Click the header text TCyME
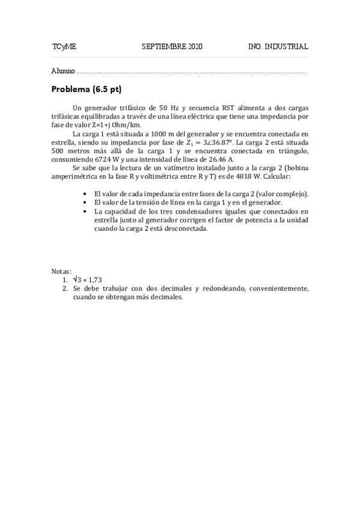pos(64,46)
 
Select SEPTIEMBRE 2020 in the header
pos(172,46)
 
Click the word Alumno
pos(63,71)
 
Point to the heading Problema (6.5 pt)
pos(87,90)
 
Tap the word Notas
pos(61,272)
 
